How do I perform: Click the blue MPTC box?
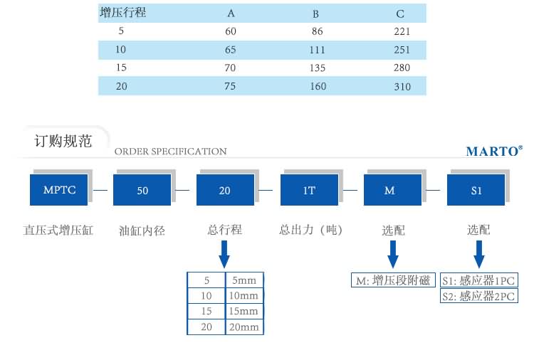(x=59, y=191)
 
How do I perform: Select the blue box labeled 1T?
(x=309, y=191)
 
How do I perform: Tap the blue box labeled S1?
(x=476, y=191)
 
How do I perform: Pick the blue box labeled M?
(x=389, y=191)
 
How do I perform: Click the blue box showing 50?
(x=142, y=191)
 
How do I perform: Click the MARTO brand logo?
(x=493, y=151)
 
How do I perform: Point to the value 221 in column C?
(x=402, y=32)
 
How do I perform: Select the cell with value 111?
(x=318, y=50)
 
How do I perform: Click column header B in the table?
(x=316, y=14)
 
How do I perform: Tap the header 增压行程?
(x=123, y=13)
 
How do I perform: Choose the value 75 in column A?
(x=230, y=87)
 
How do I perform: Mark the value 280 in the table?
(x=402, y=68)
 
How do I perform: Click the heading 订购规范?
(x=63, y=141)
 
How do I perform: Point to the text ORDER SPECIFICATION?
(x=171, y=152)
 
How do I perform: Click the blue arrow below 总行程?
(x=225, y=253)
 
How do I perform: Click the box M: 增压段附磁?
(x=392, y=280)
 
